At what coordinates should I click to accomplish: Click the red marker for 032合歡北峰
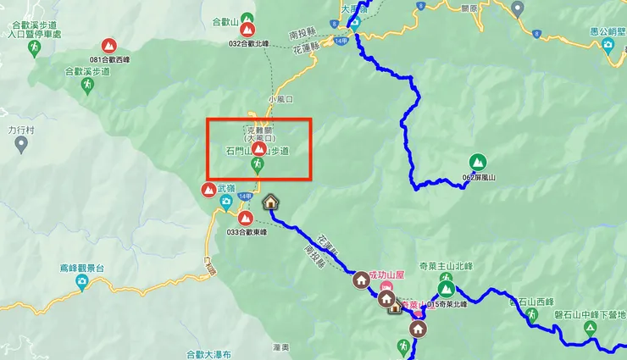pyautogui.click(x=248, y=30)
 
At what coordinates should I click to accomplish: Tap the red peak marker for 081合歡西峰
pyautogui.click(x=108, y=46)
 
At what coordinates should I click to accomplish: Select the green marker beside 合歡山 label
pyautogui.click(x=247, y=18)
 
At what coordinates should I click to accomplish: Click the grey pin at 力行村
pyautogui.click(x=21, y=144)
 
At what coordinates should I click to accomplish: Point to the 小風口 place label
pyautogui.click(x=280, y=99)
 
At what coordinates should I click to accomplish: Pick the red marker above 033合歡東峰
pyautogui.click(x=245, y=217)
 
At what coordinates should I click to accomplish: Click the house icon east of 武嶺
pyautogui.click(x=270, y=202)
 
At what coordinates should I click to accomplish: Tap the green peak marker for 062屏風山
pyautogui.click(x=478, y=160)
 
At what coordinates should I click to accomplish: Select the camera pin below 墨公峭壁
pyautogui.click(x=608, y=46)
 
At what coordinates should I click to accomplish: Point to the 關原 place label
pyautogui.click(x=469, y=8)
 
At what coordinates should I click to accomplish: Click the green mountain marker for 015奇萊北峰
pyautogui.click(x=446, y=289)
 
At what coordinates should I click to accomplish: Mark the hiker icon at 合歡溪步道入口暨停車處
pyautogui.click(x=34, y=49)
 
